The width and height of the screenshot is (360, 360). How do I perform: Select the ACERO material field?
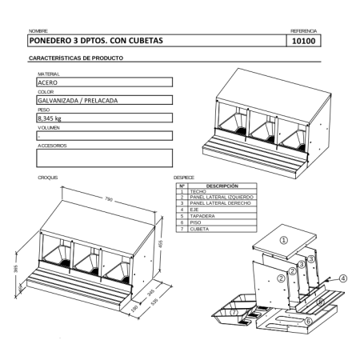[104, 82]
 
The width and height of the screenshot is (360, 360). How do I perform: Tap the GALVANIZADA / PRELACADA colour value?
[104, 100]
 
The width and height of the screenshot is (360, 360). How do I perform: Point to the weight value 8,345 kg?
[104, 118]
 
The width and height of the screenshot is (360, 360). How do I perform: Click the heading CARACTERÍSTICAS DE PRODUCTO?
[75, 58]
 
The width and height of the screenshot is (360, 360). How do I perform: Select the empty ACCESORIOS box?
[104, 157]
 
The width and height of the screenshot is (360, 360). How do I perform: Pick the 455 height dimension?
[160, 243]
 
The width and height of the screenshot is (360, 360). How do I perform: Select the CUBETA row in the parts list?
[199, 229]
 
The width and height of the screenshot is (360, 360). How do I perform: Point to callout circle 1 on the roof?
[282, 239]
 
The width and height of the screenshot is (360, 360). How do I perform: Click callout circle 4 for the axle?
[342, 278]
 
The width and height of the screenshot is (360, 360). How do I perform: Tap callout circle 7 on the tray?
[233, 313]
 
